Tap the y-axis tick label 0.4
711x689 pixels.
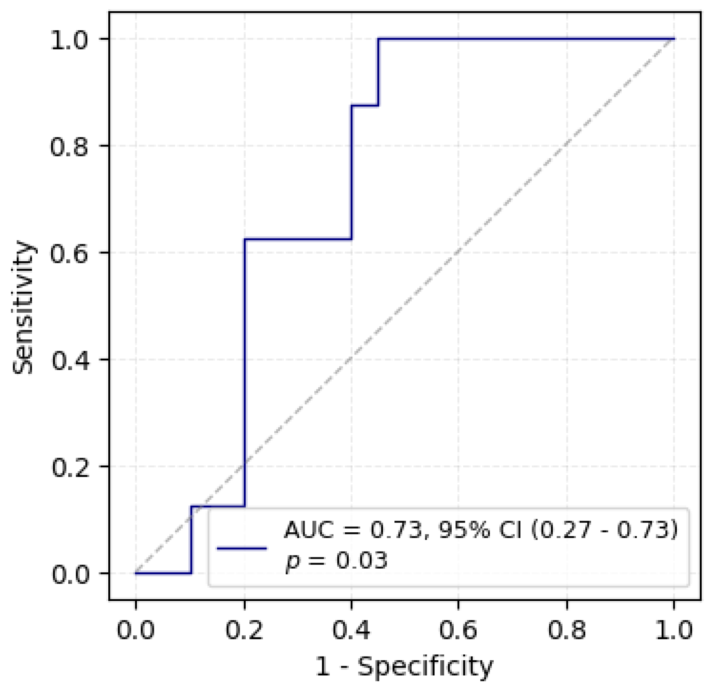(x=70, y=360)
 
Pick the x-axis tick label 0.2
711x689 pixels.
(x=244, y=630)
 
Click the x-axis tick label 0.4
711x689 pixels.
(x=351, y=630)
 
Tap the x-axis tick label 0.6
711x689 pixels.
(x=458, y=630)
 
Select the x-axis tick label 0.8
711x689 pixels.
(x=566, y=630)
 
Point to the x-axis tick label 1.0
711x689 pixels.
(x=674, y=630)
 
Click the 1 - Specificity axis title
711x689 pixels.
(x=404, y=667)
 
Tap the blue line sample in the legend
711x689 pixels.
(x=242, y=548)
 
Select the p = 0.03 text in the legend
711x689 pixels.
(x=336, y=560)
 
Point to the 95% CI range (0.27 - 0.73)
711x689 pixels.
(x=604, y=530)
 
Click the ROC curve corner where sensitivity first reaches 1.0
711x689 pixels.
(x=378, y=39)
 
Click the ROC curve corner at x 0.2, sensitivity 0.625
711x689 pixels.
(x=245, y=239)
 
